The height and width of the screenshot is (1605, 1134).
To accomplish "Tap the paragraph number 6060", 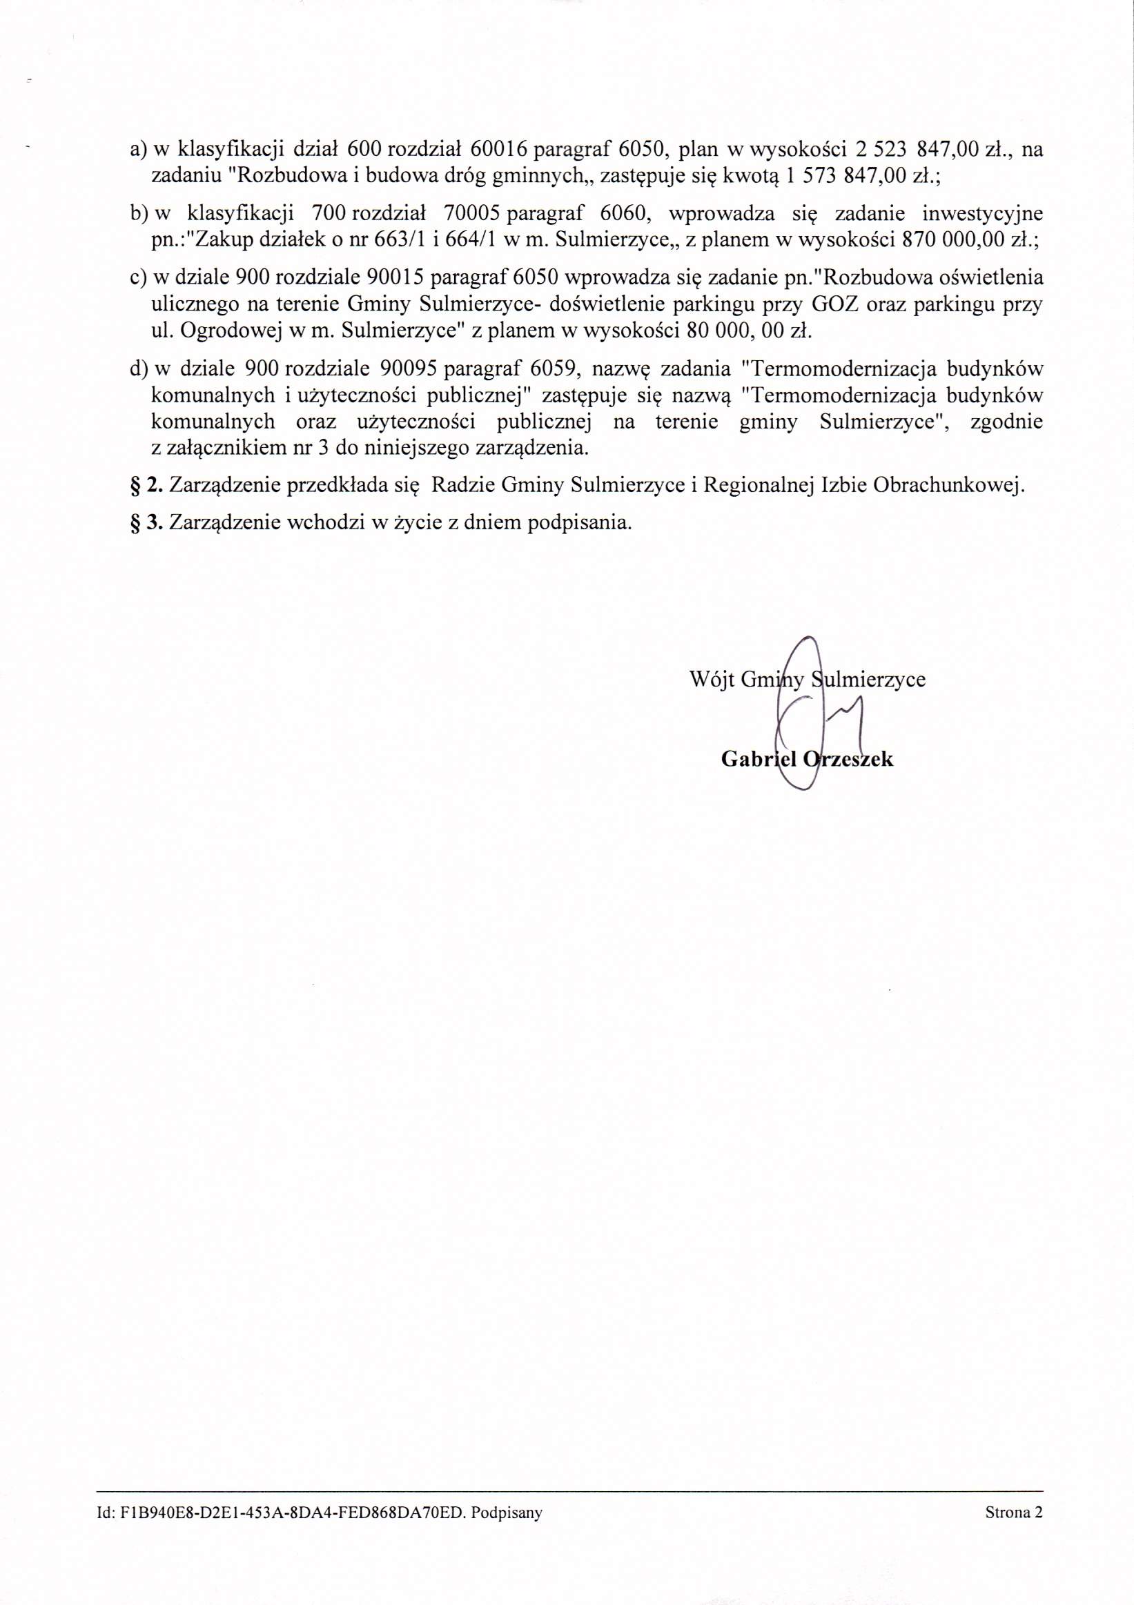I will (x=622, y=214).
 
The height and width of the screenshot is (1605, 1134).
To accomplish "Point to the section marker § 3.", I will (x=146, y=523).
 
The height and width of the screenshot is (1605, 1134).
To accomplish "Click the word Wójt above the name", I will (x=711, y=680).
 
